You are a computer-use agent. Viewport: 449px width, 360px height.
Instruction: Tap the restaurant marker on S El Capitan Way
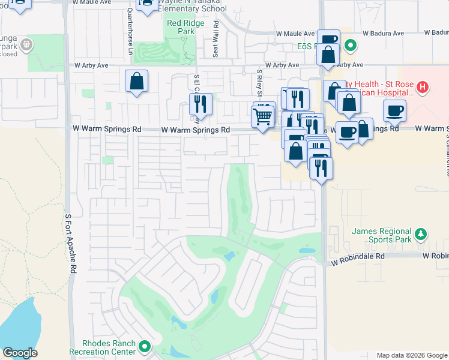(200, 104)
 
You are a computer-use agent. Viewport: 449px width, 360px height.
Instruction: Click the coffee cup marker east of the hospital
(394, 110)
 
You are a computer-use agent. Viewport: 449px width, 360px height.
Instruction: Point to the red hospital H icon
(423, 88)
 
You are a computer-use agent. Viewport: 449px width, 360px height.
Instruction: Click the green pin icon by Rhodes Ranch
(145, 346)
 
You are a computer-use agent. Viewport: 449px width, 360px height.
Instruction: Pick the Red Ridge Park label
(181, 27)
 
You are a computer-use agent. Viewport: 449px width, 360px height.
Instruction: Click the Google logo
(20, 353)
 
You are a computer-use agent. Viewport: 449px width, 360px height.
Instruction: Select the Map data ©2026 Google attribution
(411, 355)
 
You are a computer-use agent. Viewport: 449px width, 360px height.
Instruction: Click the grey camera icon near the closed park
(26, 44)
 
